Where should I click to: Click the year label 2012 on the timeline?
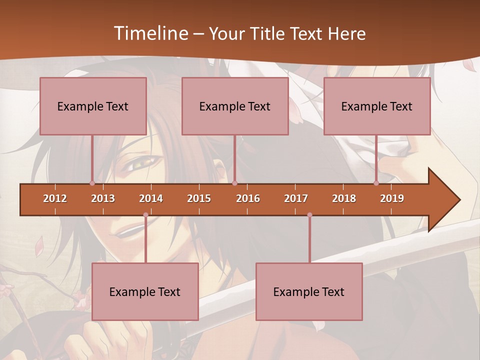click(x=55, y=198)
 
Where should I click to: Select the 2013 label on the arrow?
click(x=103, y=198)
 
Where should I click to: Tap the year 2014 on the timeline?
click(x=151, y=198)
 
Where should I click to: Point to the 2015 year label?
click(x=199, y=198)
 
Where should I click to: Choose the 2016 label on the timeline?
click(x=248, y=198)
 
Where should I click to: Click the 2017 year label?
click(x=296, y=198)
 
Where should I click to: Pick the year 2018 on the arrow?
click(x=344, y=198)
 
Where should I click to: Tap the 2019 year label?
click(x=392, y=198)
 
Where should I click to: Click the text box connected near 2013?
click(x=93, y=106)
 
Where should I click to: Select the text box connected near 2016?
click(x=235, y=106)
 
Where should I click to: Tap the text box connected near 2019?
click(x=377, y=106)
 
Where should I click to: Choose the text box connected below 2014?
click(x=145, y=291)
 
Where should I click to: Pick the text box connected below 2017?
click(x=309, y=291)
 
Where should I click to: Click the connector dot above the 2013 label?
click(x=92, y=183)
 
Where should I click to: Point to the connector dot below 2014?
click(x=145, y=215)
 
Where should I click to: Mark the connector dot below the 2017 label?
click(x=309, y=215)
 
